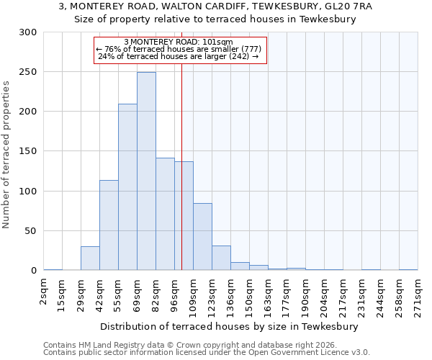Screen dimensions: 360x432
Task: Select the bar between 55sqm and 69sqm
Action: tap(127, 187)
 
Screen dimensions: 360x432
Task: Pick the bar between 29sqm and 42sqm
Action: tap(90, 258)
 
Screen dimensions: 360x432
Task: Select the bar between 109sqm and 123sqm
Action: tap(202, 237)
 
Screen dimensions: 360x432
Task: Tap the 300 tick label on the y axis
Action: tap(28, 32)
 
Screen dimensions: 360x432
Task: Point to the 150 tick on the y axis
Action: tap(28, 151)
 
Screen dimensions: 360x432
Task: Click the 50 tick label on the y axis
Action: tap(31, 231)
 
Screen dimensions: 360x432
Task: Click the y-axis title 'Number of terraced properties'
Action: tap(6, 154)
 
